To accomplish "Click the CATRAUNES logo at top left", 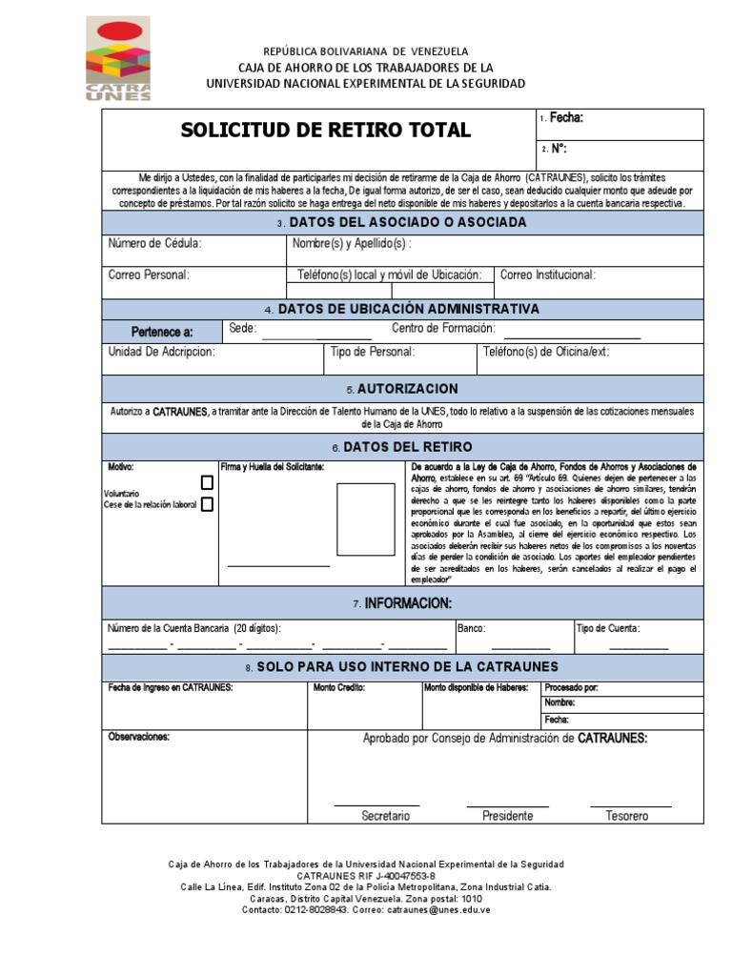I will (x=117, y=58).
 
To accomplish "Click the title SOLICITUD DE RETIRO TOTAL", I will (x=326, y=131).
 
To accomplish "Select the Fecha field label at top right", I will (x=566, y=118).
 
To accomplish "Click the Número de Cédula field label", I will (x=154, y=244).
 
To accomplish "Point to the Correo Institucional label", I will (x=548, y=275).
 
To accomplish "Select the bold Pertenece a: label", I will (x=162, y=332).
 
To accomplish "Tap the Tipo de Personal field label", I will (x=372, y=352).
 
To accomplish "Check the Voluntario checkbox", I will (x=207, y=483).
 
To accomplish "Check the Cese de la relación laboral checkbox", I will (x=207, y=504).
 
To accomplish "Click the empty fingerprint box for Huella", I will (x=365, y=519).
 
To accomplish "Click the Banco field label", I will (x=472, y=628).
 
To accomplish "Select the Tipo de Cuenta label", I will (x=608, y=628).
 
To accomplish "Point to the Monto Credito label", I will (x=339, y=687).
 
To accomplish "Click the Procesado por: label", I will (x=572, y=687).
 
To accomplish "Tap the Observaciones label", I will (x=139, y=737).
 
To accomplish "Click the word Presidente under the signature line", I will (x=507, y=816).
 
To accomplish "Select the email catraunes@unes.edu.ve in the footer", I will (x=428, y=910).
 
